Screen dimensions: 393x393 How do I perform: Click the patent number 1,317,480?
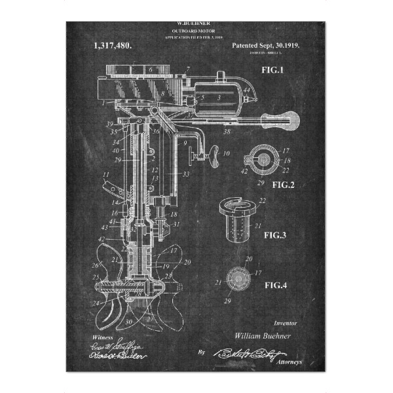[x=112, y=46]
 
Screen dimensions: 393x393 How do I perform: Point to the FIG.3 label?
[x=278, y=234]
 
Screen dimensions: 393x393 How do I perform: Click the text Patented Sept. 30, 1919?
[x=271, y=47]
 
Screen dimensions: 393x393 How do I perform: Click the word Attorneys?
[x=291, y=362]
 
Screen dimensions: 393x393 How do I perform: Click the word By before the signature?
[x=201, y=352]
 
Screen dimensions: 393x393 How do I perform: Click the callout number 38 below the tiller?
[x=227, y=132]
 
